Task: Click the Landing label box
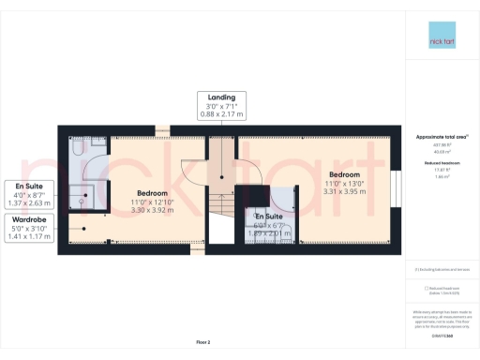point(221,105)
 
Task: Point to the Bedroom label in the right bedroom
point(343,174)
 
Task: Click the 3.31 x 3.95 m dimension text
point(343,191)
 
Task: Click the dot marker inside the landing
point(221,177)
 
